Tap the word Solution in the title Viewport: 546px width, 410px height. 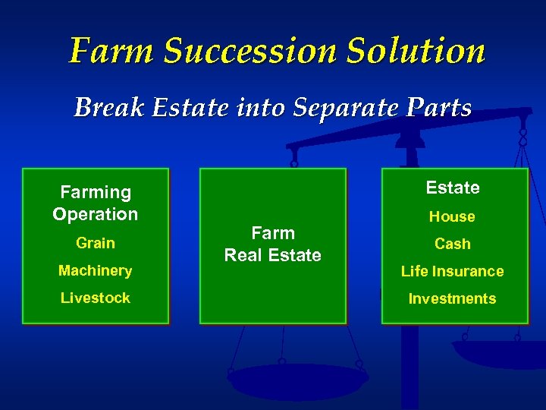[415, 51]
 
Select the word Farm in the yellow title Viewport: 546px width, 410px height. [111, 51]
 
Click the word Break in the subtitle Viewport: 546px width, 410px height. [109, 107]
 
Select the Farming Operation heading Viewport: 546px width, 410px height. [96, 203]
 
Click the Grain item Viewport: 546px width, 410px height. [96, 243]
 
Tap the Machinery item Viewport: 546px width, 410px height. [96, 270]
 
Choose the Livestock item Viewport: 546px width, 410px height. [96, 298]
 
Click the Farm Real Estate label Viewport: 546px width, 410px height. [273, 244]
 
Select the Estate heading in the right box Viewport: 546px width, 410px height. [453, 188]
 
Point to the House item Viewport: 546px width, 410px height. [452, 216]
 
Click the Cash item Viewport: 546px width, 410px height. [452, 244]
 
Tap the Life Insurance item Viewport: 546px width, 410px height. [452, 271]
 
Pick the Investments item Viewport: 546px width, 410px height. [452, 298]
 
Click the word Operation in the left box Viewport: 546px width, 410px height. [96, 214]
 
